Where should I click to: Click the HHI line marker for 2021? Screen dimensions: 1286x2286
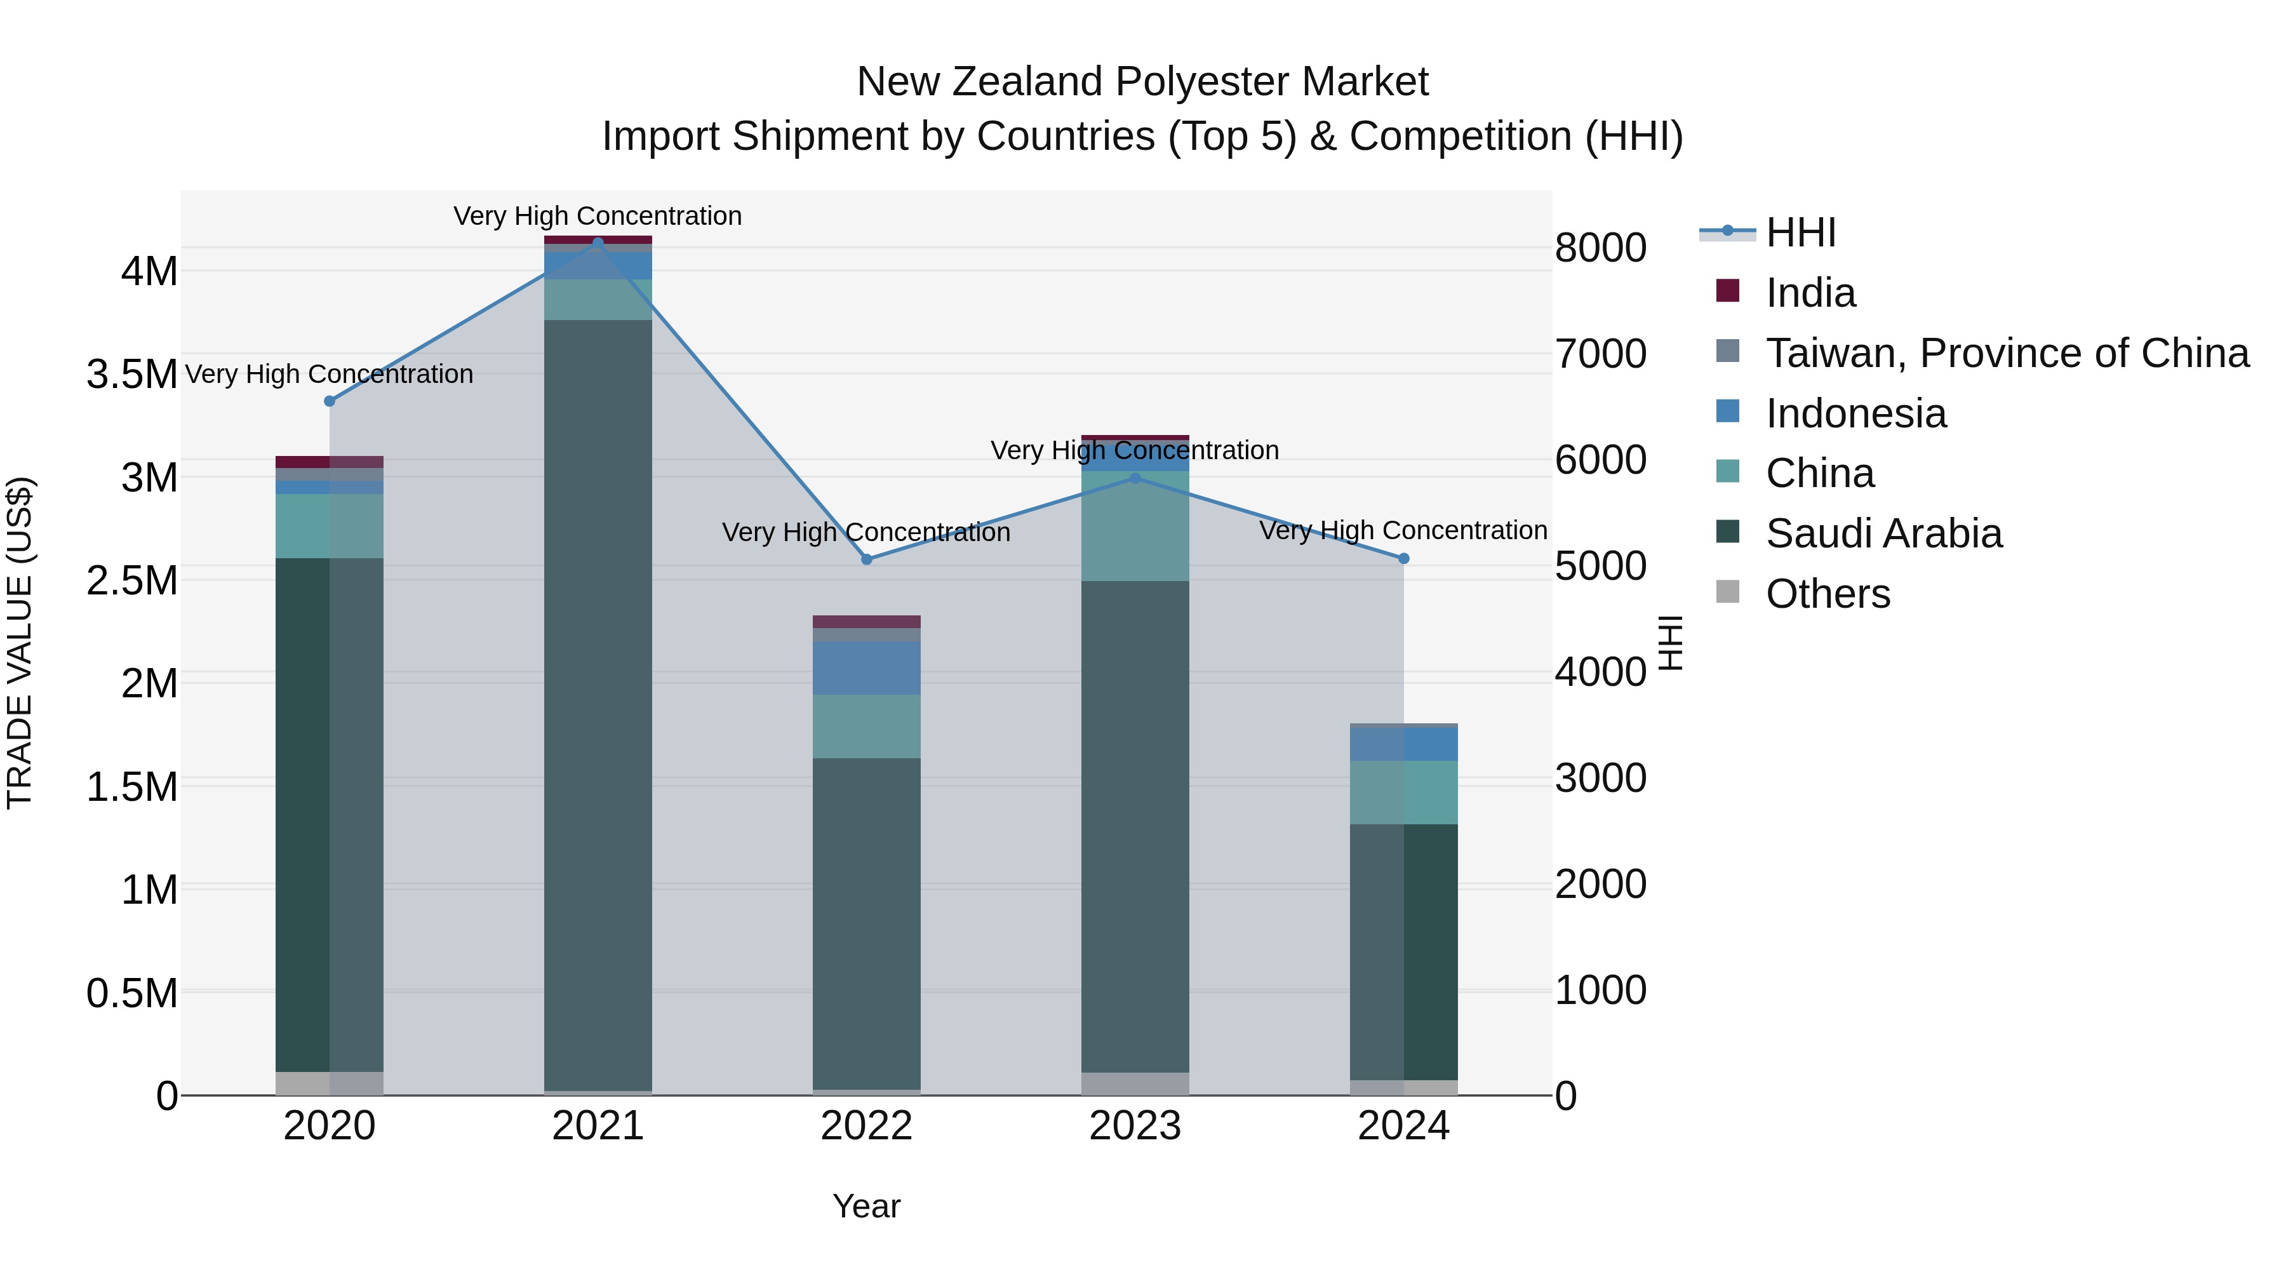(598, 243)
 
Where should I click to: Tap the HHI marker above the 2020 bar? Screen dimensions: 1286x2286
(330, 401)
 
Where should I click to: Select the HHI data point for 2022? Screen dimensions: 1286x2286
(867, 559)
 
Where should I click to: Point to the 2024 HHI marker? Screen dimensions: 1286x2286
(1404, 558)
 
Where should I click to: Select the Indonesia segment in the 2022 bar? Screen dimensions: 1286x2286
(867, 667)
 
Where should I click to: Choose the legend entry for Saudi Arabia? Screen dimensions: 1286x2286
(1883, 533)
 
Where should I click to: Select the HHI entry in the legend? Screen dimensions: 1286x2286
(1801, 232)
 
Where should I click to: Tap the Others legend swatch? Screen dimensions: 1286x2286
(1728, 592)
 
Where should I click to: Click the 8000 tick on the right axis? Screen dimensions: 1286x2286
(1600, 248)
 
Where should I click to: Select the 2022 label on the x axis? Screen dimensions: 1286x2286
(867, 1126)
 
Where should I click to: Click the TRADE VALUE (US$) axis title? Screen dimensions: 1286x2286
(20, 643)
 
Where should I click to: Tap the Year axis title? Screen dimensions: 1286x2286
(866, 1206)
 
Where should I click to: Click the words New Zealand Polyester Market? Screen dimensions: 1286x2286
(1142, 82)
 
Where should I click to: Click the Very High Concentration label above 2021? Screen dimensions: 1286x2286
(598, 216)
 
